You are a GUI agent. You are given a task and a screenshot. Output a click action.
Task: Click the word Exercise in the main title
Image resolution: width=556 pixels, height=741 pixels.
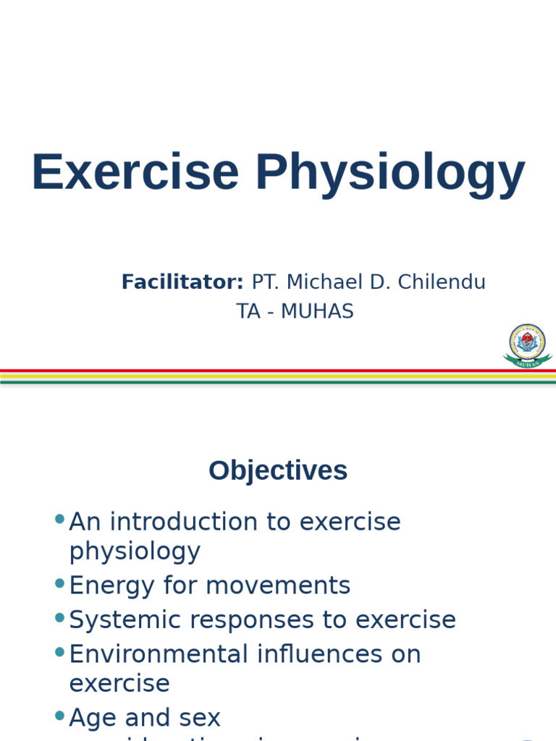coord(135,172)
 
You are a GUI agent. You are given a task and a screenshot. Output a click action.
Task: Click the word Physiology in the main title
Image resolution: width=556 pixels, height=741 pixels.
coord(389,174)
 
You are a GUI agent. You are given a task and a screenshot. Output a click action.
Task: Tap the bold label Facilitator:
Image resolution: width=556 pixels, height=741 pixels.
coord(182,282)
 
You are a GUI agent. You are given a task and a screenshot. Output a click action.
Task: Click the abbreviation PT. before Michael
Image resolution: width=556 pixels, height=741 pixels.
coord(266,282)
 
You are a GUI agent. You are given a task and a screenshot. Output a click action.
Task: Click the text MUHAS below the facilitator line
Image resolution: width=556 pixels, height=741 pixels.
coord(317,311)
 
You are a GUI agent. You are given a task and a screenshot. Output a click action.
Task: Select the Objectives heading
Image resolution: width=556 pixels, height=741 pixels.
coord(278,470)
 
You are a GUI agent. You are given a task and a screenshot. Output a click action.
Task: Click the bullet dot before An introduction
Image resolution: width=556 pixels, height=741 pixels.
coord(59,519)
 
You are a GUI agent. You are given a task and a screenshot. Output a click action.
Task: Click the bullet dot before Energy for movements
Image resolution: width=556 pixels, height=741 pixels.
coord(59,583)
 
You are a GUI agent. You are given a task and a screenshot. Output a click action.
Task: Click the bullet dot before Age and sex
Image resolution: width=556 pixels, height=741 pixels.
coord(59,716)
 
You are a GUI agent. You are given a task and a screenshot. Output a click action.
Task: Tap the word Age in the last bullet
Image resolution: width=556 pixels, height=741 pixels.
coord(93,719)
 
